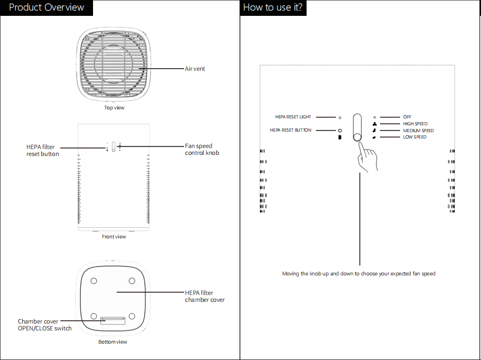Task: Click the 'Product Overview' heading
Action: [47, 7]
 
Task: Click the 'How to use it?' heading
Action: [273, 7]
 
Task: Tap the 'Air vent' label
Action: [195, 69]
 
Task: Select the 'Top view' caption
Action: [114, 108]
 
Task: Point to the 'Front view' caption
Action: [114, 237]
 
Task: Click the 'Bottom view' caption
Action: [113, 342]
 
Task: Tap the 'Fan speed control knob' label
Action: [202, 150]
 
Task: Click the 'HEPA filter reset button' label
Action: [43, 150]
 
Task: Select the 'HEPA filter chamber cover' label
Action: [205, 296]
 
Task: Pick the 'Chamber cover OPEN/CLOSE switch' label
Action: [45, 325]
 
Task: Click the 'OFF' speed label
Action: [407, 117]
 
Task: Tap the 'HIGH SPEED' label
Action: [415, 124]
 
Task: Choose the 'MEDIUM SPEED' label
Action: [419, 131]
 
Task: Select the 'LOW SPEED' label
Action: [415, 137]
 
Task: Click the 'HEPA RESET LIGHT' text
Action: [293, 117]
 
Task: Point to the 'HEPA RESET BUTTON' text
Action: [291, 130]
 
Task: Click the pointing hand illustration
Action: [367, 158]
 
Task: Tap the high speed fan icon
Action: [374, 124]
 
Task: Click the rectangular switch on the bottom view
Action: [113, 320]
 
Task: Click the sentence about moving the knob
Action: [358, 273]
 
